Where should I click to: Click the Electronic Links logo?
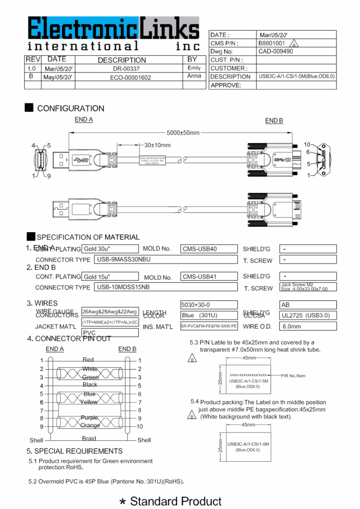(x=113, y=34)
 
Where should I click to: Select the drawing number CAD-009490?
(x=275, y=51)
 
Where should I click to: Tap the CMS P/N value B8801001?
(x=271, y=43)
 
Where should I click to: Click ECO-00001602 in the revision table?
(x=130, y=77)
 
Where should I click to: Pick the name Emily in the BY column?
(x=194, y=68)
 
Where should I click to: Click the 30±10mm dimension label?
(x=157, y=145)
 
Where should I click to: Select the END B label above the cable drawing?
(x=274, y=120)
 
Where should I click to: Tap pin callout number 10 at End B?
(x=307, y=144)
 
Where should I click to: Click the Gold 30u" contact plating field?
(x=109, y=249)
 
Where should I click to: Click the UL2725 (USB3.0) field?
(x=308, y=315)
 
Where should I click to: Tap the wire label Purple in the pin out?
(x=89, y=418)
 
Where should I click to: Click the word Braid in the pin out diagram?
(x=89, y=438)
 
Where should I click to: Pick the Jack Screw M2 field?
(x=308, y=287)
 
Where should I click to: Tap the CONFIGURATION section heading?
(x=70, y=108)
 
